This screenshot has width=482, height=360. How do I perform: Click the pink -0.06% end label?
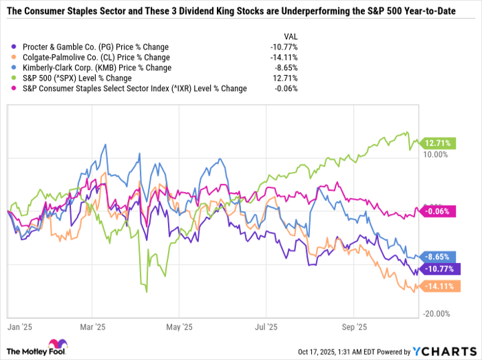pyautogui.click(x=436, y=211)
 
